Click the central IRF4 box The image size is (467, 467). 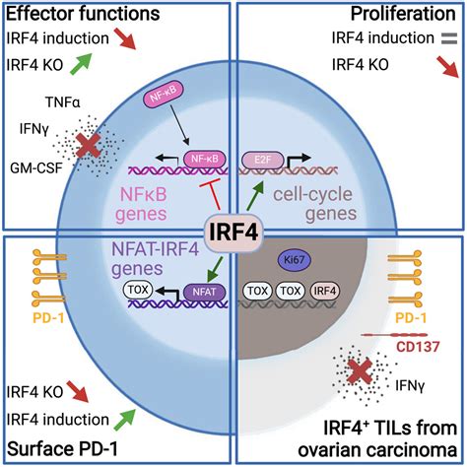[233, 229]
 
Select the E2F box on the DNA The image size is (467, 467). [259, 156]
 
